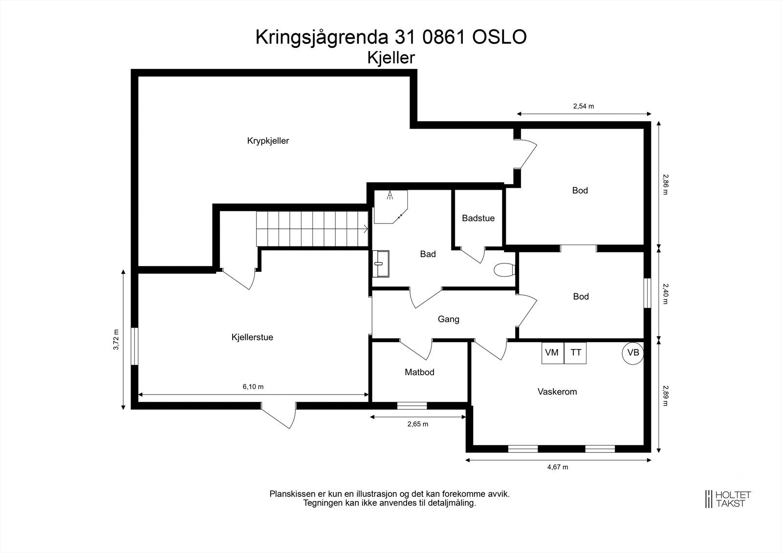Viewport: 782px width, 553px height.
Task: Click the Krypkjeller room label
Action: point(268,141)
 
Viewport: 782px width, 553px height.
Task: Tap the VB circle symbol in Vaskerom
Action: point(633,353)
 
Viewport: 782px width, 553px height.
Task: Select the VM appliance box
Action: point(552,353)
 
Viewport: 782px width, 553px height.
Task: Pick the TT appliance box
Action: point(575,353)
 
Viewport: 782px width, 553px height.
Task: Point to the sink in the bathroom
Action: point(381,264)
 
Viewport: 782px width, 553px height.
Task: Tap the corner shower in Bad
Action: point(390,206)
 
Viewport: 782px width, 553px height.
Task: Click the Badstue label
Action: point(478,218)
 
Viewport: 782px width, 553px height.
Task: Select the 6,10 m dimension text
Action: point(253,387)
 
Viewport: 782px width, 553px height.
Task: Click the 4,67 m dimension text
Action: point(557,467)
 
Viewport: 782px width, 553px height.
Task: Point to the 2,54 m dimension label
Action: point(583,106)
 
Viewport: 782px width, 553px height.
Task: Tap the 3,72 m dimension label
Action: point(116,340)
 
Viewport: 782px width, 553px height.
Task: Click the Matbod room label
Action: point(419,372)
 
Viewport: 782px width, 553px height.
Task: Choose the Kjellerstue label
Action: point(252,337)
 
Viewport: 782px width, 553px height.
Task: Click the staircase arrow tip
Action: point(367,228)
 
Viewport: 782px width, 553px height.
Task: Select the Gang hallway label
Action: point(448,319)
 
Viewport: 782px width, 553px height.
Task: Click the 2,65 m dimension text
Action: point(417,424)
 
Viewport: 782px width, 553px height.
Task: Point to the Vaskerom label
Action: point(557,392)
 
